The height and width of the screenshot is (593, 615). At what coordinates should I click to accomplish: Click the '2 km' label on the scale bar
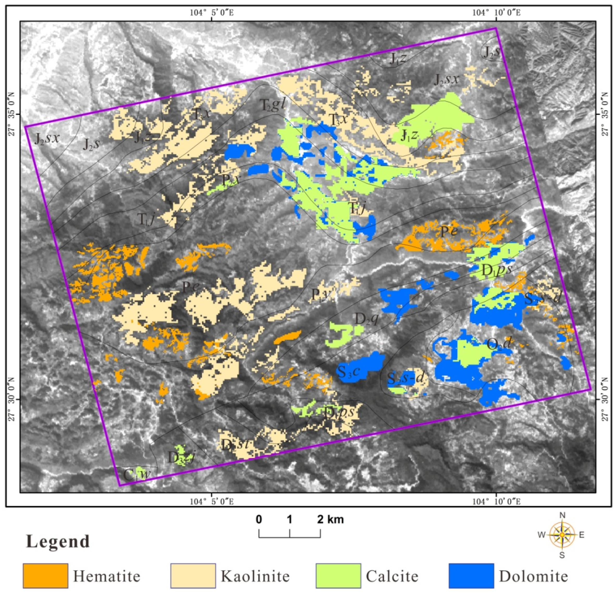click(330, 519)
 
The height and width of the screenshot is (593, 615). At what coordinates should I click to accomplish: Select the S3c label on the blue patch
click(348, 371)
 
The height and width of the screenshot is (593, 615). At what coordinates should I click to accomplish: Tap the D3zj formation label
click(181, 458)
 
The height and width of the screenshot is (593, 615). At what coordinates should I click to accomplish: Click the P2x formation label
click(231, 180)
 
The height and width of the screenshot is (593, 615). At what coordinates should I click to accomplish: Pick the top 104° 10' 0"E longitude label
click(496, 13)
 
